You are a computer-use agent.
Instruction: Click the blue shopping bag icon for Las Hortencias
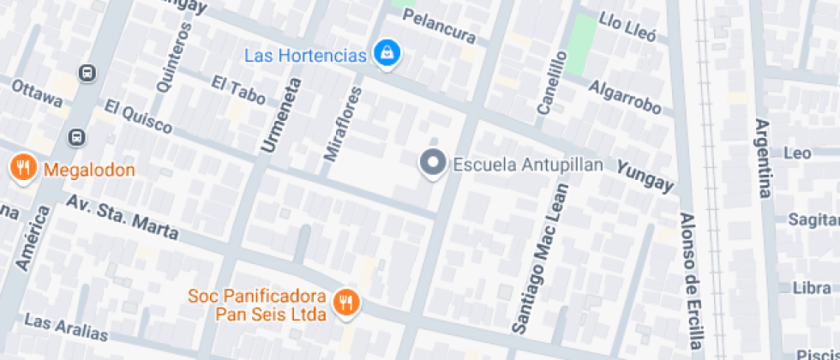coord(388,53)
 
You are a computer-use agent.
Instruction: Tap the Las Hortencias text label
coord(305,56)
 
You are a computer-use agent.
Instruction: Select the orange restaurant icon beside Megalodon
coord(23,169)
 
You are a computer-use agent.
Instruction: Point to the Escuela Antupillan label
coord(528,165)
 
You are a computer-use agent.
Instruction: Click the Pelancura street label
coord(439,27)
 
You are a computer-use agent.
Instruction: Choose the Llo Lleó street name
coord(627,27)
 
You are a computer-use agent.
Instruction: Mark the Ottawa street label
coord(37,94)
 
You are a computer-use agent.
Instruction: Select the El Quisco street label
coord(139,117)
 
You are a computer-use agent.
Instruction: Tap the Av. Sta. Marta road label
coord(123,217)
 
